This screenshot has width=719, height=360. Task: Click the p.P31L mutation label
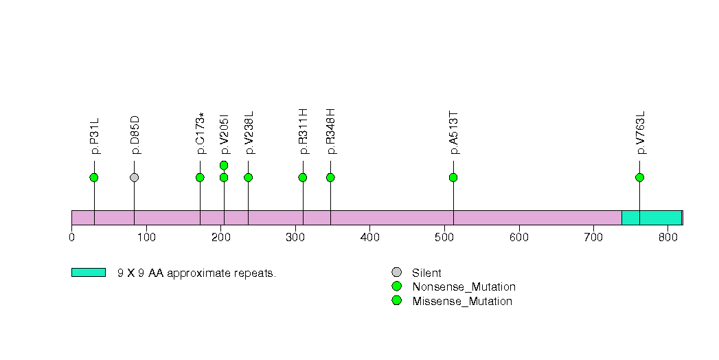[95, 136]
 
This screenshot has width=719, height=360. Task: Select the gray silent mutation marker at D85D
[134, 177]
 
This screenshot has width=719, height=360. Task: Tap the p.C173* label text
[201, 133]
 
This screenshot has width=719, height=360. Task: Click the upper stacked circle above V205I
[224, 165]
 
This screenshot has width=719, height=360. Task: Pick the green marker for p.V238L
[248, 177]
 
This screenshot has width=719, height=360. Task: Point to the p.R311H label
[303, 132]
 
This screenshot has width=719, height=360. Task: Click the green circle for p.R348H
[330, 177]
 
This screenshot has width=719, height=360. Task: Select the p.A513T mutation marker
[453, 177]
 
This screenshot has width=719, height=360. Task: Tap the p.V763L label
[641, 133]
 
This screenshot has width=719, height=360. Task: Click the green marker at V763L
[639, 177]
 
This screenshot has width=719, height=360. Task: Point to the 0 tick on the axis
[71, 237]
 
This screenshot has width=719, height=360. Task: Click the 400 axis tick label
[370, 237]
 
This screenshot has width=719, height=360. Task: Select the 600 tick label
[519, 237]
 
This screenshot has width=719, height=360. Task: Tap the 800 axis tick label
[668, 237]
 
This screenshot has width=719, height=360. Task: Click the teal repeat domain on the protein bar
[652, 218]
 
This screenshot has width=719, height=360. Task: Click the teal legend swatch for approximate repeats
[89, 273]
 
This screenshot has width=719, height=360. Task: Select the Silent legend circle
[397, 273]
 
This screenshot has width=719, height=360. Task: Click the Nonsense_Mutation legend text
[464, 286]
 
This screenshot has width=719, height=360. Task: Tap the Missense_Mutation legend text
[462, 302]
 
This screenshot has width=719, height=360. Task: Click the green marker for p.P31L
[94, 177]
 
